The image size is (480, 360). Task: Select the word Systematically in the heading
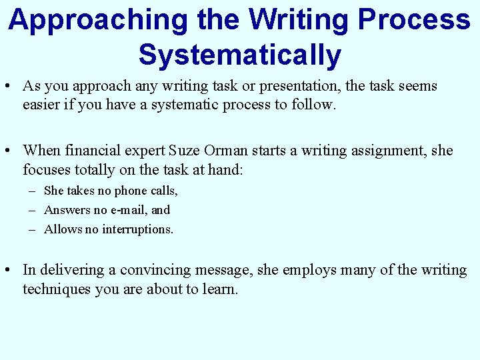click(239, 55)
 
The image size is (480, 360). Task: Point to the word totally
click(88, 170)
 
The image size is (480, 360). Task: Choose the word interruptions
click(137, 229)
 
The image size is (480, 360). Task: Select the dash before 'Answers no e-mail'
click(33, 210)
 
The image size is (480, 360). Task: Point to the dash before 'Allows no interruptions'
click(33, 229)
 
